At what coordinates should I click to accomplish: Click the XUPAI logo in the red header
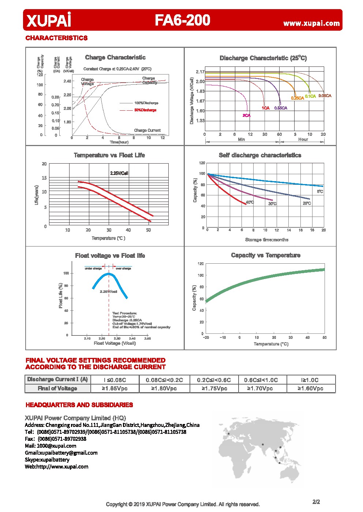49,20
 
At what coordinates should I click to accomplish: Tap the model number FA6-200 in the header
182,20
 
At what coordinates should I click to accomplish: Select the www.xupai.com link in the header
311,23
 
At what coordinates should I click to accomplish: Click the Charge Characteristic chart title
115,57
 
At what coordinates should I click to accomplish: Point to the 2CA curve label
246,115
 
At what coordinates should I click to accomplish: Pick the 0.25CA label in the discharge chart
297,98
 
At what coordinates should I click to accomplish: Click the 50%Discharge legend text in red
145,110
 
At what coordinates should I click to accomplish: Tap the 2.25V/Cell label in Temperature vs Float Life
119,173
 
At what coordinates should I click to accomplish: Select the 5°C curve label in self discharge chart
320,191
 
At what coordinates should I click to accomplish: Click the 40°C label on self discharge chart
250,202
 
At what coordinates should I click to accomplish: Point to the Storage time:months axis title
266,240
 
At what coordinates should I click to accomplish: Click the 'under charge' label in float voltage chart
93,268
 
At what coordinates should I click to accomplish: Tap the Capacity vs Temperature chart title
265,255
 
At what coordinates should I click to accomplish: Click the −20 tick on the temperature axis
206,337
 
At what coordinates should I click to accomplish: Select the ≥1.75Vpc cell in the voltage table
214,389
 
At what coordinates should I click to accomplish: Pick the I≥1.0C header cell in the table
310,380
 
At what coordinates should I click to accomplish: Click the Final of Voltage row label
57,389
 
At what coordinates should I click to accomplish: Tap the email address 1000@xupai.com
56,446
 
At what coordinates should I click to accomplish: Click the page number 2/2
316,502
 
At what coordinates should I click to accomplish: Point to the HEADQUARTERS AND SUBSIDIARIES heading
79,405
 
